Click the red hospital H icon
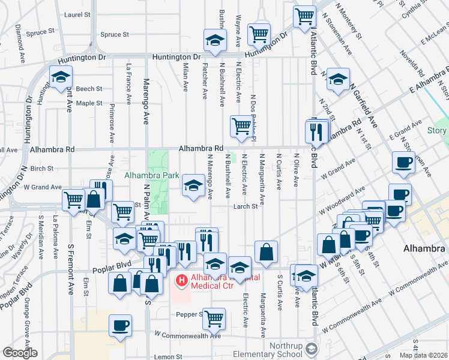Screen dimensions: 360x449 (x=180, y=280)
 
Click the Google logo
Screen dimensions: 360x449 (x=20, y=353)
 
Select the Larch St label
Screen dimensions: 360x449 (x=246, y=206)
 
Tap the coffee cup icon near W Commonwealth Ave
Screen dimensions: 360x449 (x=120, y=325)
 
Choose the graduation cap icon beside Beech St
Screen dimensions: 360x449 (x=61, y=77)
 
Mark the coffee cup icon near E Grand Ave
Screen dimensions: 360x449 (x=403, y=162)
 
